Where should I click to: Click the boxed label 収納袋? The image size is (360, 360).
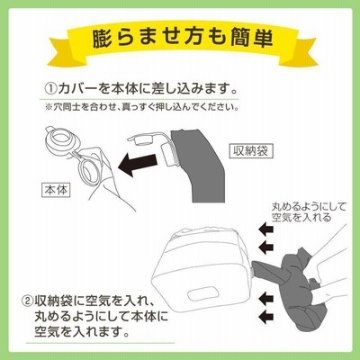coord(251,151)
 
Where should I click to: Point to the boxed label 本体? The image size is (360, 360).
coord(56,190)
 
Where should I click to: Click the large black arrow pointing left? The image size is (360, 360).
coord(138,164)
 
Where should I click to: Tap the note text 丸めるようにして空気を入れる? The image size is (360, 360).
coord(309,211)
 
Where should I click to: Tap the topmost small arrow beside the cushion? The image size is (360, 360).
coord(266,229)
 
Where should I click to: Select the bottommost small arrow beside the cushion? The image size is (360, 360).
coord(266,316)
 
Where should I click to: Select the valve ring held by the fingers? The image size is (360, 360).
coord(89,172)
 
